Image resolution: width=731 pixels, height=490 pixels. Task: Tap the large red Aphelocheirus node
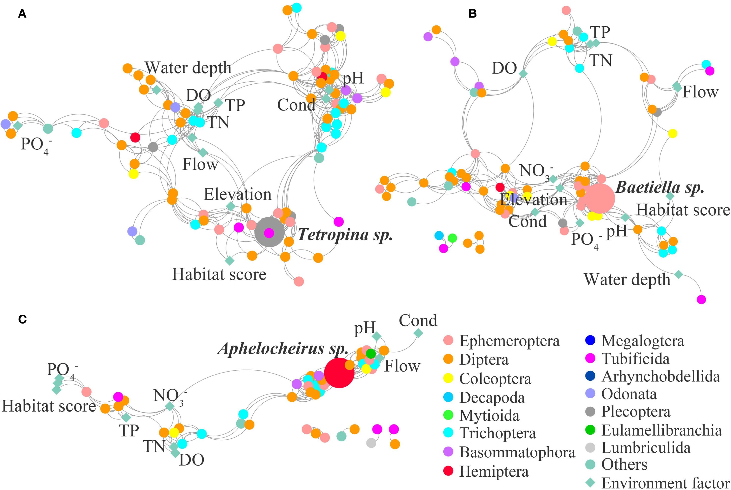click(x=339, y=373)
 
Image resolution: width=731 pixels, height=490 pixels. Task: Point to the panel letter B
click(x=472, y=14)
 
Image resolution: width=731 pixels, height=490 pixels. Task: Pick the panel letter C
click(x=22, y=319)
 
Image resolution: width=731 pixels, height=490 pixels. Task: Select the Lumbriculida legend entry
click(x=646, y=447)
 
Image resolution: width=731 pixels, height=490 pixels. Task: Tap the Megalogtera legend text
click(x=643, y=341)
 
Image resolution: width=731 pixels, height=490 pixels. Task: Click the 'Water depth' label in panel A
click(x=188, y=68)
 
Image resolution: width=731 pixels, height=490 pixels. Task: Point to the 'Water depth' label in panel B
click(x=627, y=279)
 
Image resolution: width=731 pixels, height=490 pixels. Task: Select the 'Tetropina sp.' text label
click(x=345, y=234)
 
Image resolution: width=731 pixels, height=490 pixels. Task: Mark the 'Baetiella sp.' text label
click(x=660, y=187)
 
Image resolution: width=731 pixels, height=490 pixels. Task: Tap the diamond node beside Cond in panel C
click(x=418, y=333)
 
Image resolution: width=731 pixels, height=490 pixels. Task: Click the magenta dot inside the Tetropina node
click(x=269, y=233)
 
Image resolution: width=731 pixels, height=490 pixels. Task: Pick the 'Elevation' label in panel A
click(x=237, y=194)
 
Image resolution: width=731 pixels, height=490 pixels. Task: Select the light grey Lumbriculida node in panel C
click(x=371, y=443)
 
